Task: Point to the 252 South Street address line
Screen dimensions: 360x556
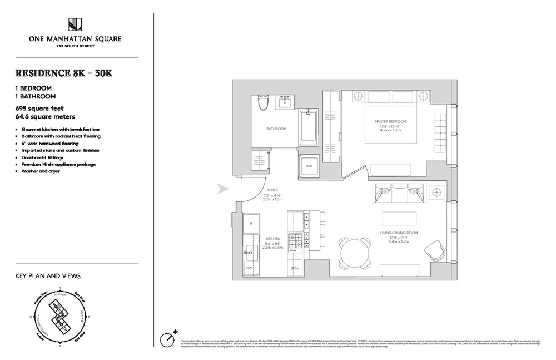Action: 76,46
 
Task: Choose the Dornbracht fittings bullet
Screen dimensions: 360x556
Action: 44,157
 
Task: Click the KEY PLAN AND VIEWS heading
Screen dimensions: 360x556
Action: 48,276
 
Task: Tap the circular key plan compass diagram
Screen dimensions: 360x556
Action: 58,315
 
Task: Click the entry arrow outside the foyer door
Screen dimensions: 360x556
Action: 222,190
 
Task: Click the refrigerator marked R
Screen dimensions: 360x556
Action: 252,223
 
